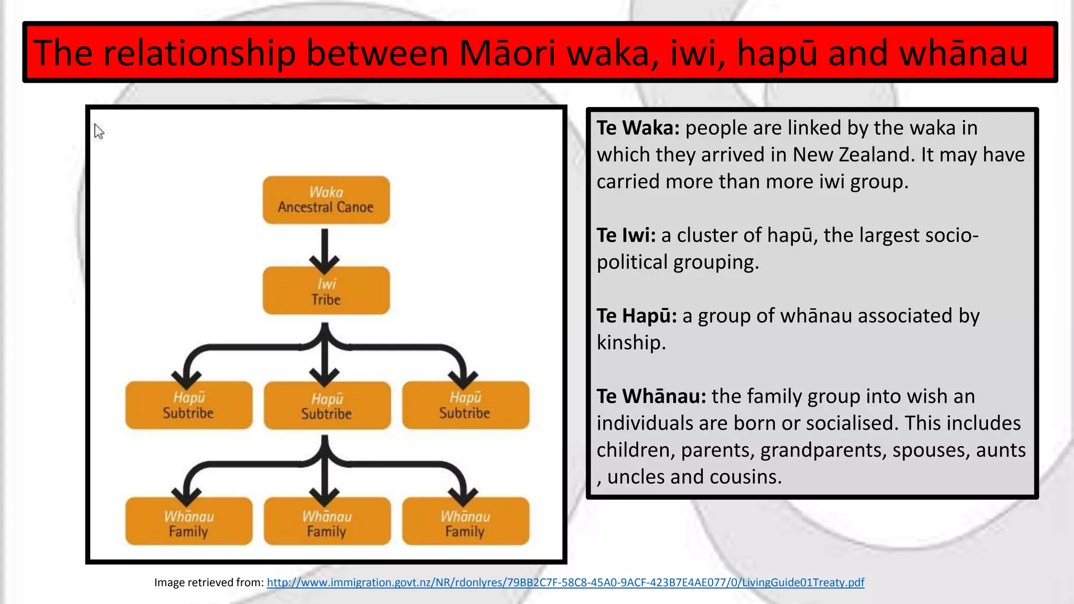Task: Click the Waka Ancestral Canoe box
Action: (326, 200)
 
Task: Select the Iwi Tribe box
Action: (326, 290)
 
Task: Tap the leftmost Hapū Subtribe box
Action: (189, 405)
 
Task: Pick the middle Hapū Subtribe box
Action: (327, 406)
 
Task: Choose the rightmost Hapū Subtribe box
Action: (465, 405)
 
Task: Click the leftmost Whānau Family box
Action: (189, 522)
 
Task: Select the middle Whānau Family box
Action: (327, 522)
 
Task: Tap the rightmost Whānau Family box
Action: (465, 522)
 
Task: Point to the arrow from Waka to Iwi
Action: (325, 249)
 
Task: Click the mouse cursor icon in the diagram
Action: (99, 131)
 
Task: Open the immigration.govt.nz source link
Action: (565, 583)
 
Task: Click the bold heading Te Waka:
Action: (638, 128)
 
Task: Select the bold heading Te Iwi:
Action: (626, 235)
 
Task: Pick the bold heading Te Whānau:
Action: (651, 396)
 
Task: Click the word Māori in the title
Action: (507, 53)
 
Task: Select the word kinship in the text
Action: (630, 343)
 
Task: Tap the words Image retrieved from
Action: (209, 583)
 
